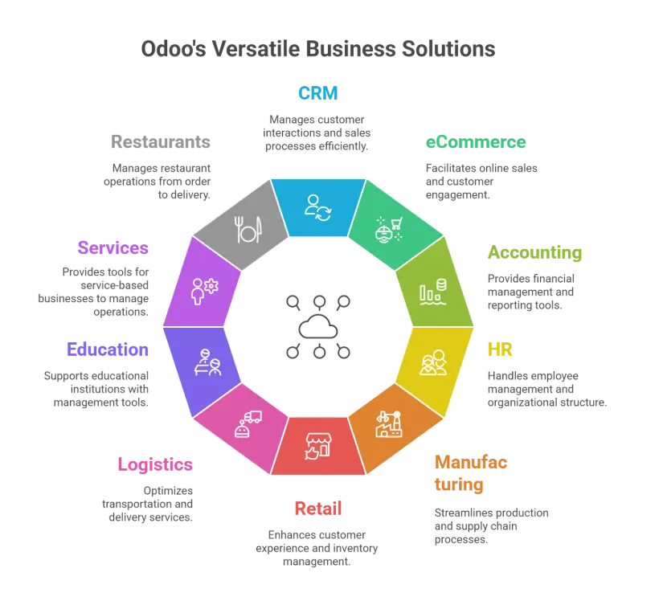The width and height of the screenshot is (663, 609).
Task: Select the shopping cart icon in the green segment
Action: pyautogui.click(x=389, y=229)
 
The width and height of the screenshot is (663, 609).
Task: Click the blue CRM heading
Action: pyautogui.click(x=318, y=93)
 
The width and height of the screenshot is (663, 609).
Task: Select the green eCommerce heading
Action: pyautogui.click(x=475, y=143)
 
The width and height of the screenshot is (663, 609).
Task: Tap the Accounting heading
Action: pyautogui.click(x=535, y=253)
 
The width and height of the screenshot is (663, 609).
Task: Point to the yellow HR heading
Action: pyautogui.click(x=499, y=349)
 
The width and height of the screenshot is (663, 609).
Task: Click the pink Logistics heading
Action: pyautogui.click(x=155, y=464)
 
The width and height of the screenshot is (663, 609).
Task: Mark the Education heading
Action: pyautogui.click(x=107, y=350)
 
